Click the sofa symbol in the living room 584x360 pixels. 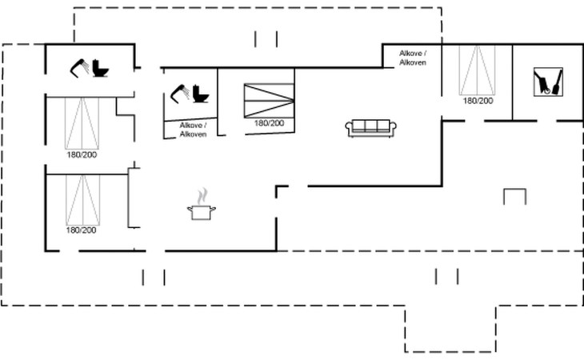pos(370,127)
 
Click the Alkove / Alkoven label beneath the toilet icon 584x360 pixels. pos(193,130)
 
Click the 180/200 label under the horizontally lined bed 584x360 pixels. pos(269,123)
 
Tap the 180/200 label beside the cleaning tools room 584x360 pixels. pos(478,101)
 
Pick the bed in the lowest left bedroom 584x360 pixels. pos(81,199)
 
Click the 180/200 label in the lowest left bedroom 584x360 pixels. pos(81,230)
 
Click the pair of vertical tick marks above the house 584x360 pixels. pos(266,39)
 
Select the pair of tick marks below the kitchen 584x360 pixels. pos(154,277)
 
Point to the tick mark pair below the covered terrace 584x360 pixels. pos(446,276)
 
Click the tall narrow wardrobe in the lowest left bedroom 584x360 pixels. pos(134,198)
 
